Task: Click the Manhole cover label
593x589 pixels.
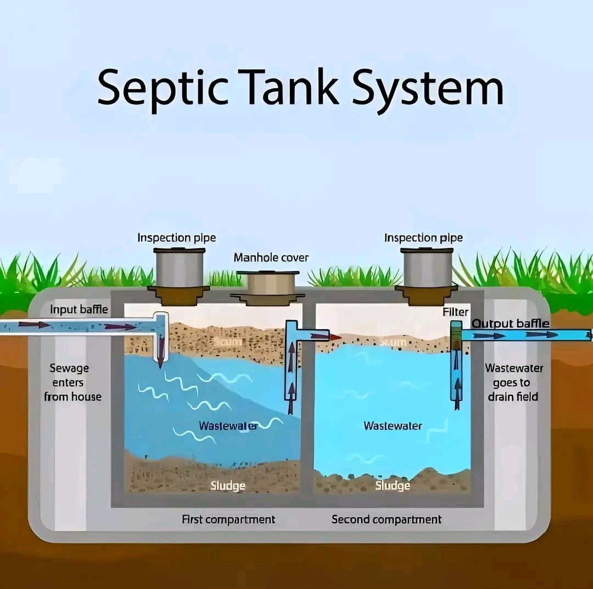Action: coord(271,258)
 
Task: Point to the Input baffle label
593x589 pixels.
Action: coord(79,309)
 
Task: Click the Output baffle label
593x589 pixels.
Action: coord(511,323)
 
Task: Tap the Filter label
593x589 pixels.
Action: coord(455,312)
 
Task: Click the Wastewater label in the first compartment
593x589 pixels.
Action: coord(228,426)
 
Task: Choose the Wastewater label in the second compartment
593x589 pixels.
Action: coord(393,426)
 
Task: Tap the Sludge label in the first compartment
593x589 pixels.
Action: coord(228,486)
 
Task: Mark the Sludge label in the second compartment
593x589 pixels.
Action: coord(393,486)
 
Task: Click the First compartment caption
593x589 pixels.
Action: coord(228,519)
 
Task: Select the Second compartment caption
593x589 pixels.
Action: coord(386,519)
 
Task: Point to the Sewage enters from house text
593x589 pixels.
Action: coord(72,382)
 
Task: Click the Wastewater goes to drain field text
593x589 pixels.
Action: coord(514,382)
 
